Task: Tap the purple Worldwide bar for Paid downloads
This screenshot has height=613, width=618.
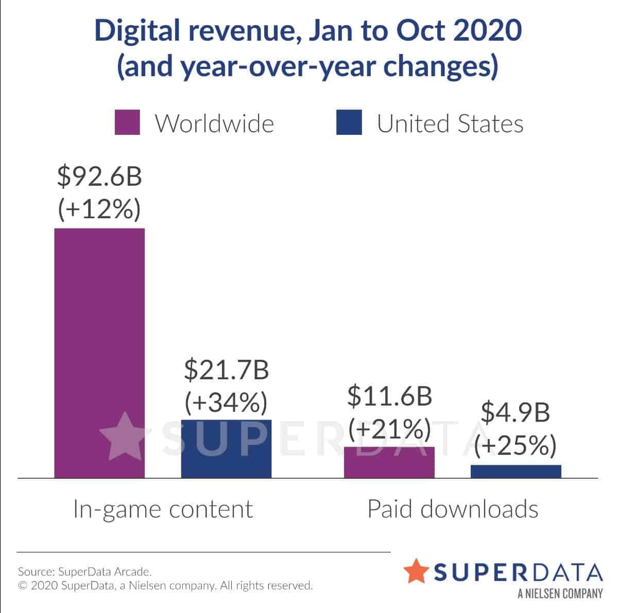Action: coord(389,462)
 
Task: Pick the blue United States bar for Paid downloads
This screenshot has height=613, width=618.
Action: coord(516,471)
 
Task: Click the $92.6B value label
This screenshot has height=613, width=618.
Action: coord(99,176)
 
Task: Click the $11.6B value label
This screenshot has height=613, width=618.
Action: coord(389,395)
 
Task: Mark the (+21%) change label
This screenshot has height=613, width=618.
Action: coord(389,428)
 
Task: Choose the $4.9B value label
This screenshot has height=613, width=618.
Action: coord(516,412)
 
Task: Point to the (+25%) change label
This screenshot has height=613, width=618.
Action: coord(516,445)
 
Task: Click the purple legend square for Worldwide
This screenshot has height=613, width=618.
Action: coord(127,122)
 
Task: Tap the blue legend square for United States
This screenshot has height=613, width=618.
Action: coord(349,122)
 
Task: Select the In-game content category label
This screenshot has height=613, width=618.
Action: coord(163,509)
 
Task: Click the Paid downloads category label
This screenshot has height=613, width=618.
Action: coord(453,509)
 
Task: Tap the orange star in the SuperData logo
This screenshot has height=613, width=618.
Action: coord(416,571)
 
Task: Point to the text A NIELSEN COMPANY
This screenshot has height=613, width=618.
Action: coord(560,593)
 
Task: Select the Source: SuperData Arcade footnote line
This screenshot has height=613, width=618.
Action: coord(85,571)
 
